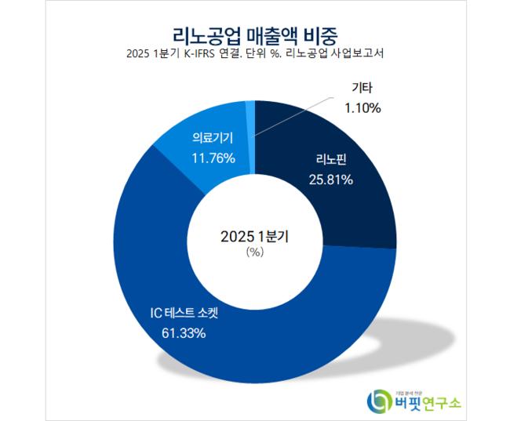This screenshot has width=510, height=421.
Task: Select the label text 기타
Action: pyautogui.click(x=362, y=90)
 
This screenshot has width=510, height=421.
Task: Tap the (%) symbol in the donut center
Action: pyautogui.click(x=254, y=252)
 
